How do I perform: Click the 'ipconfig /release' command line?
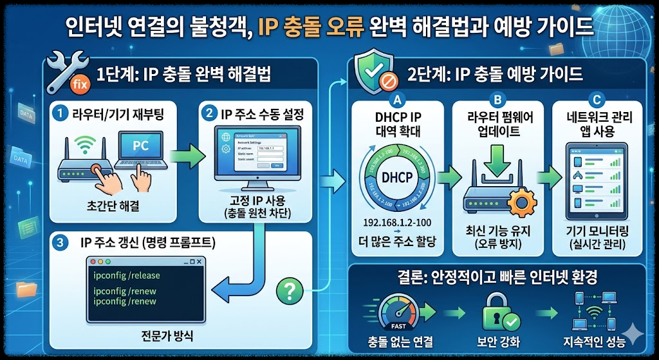coord(127,276)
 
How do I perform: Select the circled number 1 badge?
coord(60,113)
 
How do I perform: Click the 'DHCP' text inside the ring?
coord(397,177)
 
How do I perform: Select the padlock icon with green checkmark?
coord(500,313)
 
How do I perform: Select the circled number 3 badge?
coord(60,243)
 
